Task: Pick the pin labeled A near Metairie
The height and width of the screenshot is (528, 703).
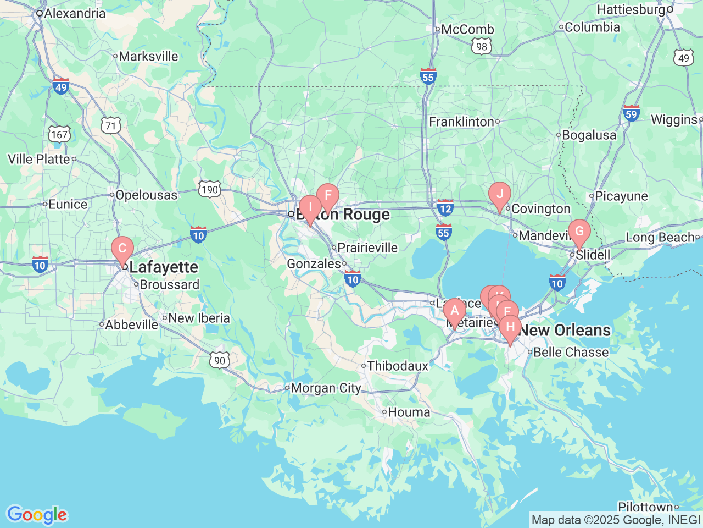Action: [454, 311]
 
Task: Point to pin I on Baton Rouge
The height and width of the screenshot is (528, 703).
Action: [310, 208]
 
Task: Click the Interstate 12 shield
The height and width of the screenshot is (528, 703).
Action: [445, 207]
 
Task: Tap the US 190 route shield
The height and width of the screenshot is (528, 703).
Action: [210, 190]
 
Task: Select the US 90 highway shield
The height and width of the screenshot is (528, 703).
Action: [220, 360]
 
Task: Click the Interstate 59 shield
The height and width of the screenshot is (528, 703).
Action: [631, 113]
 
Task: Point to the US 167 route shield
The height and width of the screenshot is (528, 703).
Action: [59, 134]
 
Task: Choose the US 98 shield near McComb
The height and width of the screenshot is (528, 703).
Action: [482, 46]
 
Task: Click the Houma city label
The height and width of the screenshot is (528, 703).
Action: [409, 412]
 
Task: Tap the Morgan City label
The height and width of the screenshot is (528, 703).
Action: [325, 388]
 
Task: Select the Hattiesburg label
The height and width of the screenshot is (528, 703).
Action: [631, 10]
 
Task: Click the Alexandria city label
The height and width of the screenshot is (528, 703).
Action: [74, 13]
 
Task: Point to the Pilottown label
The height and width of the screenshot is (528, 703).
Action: [645, 507]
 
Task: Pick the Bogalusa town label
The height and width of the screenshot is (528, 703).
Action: [589, 135]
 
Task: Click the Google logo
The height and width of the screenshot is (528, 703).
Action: [36, 515]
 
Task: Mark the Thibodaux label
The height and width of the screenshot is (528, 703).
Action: [397, 366]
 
